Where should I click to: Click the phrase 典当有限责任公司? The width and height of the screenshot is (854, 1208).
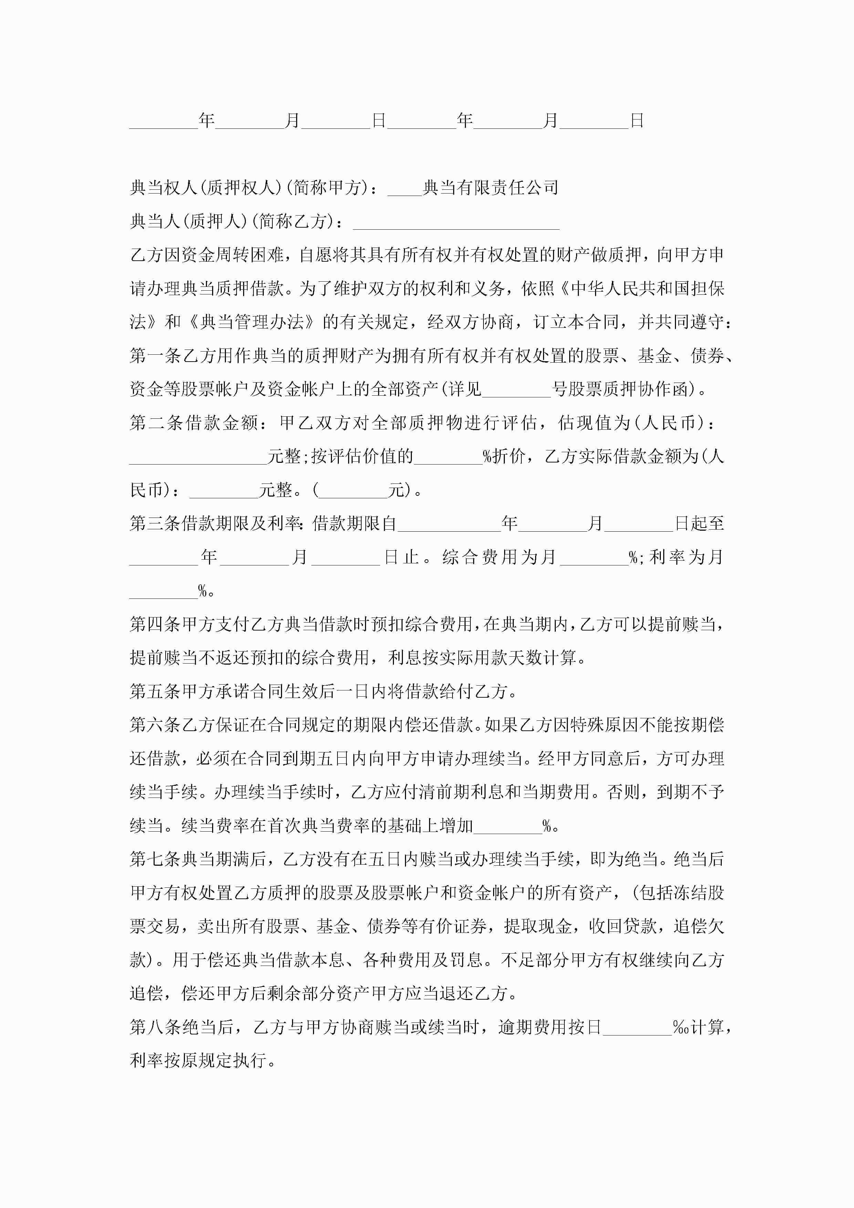(x=490, y=187)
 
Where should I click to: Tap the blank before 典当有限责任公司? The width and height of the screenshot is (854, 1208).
(x=405, y=188)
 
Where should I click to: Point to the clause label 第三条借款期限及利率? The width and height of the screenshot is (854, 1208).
(x=215, y=523)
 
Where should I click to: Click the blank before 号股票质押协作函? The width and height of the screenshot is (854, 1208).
(x=516, y=390)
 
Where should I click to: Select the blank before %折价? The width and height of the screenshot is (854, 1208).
(x=448, y=457)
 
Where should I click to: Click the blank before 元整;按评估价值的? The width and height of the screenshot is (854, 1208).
(x=198, y=457)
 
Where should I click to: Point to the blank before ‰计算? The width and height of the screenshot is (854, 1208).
(x=637, y=1027)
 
